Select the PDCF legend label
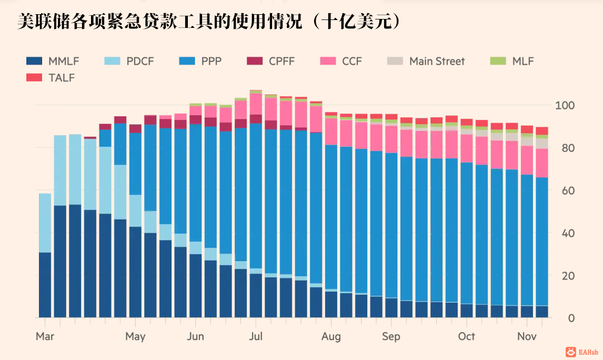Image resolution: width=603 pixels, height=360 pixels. (x=140, y=61)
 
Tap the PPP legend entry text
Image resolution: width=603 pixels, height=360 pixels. (x=211, y=61)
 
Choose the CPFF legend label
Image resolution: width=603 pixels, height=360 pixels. (x=282, y=61)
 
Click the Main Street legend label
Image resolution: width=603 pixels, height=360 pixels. (x=437, y=61)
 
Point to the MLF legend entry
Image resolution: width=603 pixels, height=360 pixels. (x=523, y=61)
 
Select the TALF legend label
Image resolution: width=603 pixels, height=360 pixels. (x=61, y=78)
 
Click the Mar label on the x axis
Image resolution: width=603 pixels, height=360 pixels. (x=45, y=336)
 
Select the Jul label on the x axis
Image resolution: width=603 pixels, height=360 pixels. (x=256, y=336)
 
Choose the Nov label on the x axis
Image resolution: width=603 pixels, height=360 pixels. (x=527, y=336)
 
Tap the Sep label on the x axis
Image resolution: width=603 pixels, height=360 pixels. (x=391, y=336)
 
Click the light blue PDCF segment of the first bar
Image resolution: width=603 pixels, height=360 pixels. (x=45, y=223)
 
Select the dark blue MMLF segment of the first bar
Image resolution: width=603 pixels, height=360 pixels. (x=45, y=285)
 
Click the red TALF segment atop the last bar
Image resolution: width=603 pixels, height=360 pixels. (x=541, y=131)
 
